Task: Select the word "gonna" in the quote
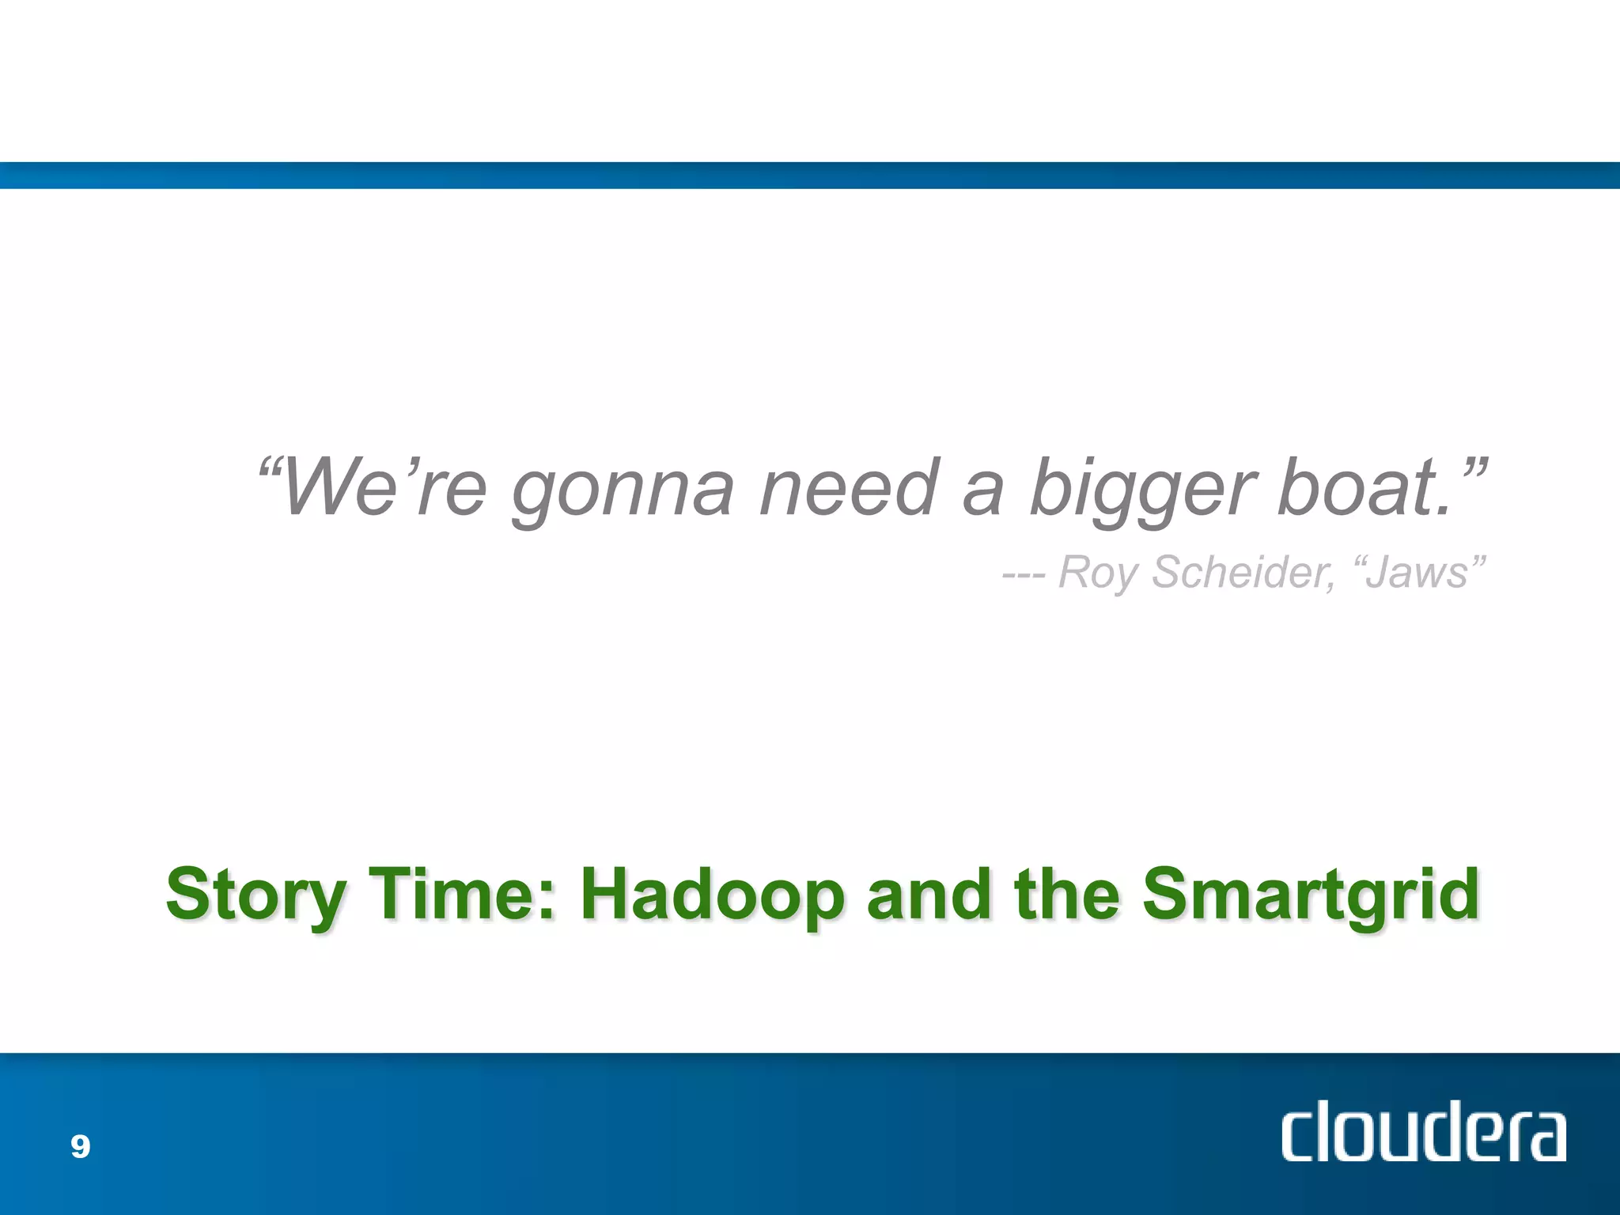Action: coord(623,490)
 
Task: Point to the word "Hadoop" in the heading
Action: coord(712,895)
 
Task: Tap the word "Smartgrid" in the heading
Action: coord(1311,895)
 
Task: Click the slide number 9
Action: coord(80,1146)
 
